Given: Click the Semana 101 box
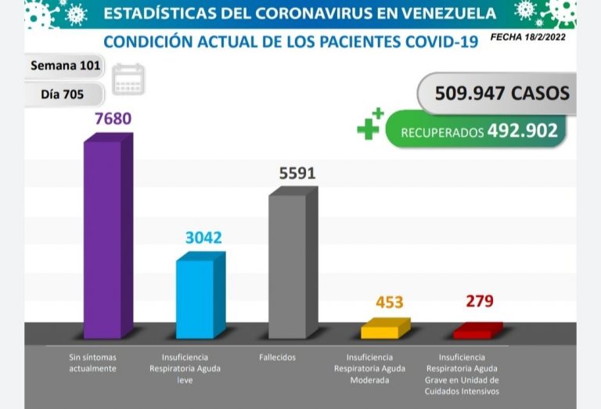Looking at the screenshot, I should coord(65,66).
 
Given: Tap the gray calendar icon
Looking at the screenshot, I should coord(128,80).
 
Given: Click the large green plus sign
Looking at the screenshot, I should coord(369,125).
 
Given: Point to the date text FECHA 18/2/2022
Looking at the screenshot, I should coord(528,38).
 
